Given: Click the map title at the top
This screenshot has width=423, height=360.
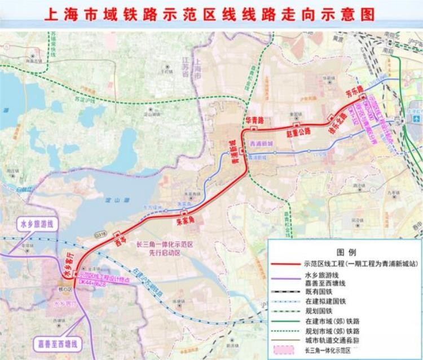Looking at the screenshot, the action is coord(212,13).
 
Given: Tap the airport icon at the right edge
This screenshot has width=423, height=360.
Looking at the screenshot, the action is coord(416,119).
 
